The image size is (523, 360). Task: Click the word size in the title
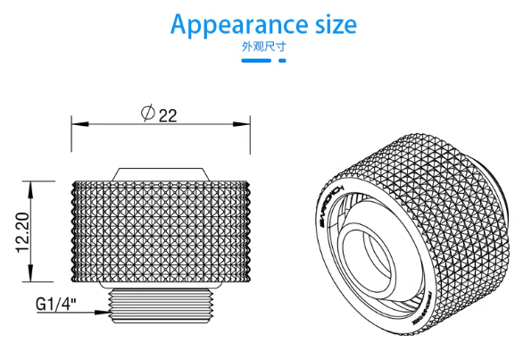tap(325, 25)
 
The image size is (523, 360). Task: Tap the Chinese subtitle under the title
tap(262, 46)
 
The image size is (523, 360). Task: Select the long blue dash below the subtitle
tap(258, 63)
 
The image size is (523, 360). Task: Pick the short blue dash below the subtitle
tap(283, 63)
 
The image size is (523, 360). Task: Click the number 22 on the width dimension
tap(168, 115)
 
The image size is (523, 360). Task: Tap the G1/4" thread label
tap(56, 305)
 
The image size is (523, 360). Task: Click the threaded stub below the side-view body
tap(161, 305)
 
